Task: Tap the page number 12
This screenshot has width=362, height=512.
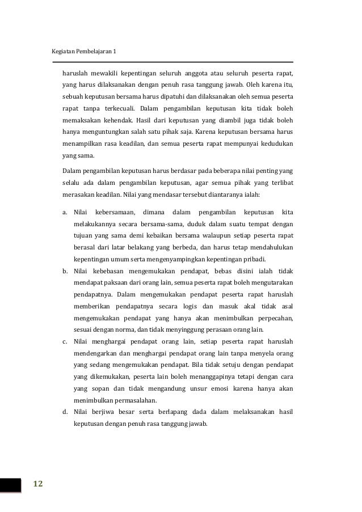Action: [38, 483]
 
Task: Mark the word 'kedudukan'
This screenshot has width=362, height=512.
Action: [275, 143]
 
